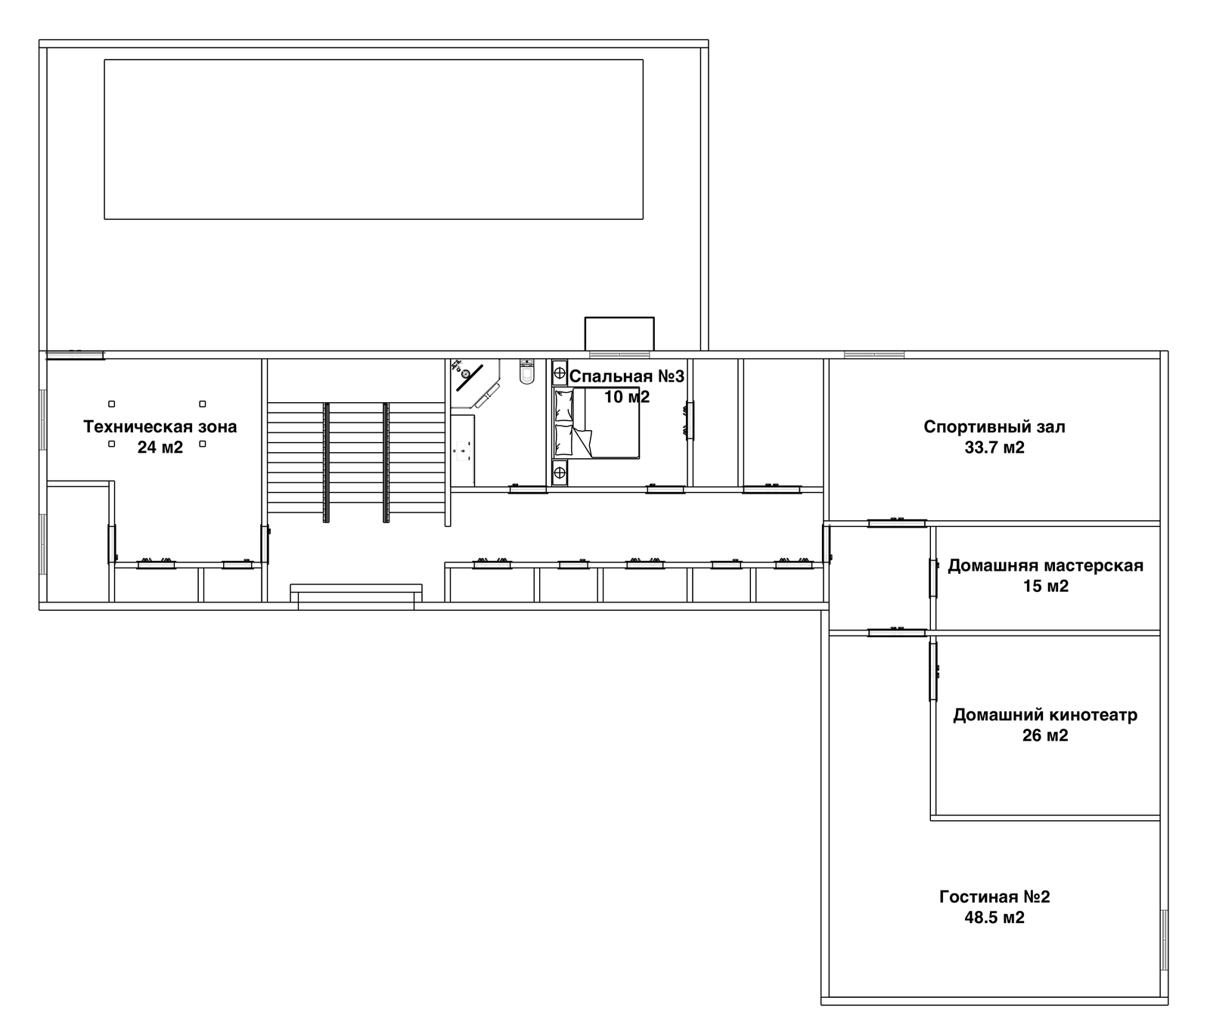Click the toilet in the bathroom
click(526, 371)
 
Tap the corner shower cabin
click(474, 382)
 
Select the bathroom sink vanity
click(463, 450)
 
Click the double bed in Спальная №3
click(597, 423)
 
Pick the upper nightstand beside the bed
click(560, 372)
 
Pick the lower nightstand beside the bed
click(560, 473)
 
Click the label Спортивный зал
click(994, 427)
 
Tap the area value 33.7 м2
click(994, 447)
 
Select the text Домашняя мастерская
click(1045, 565)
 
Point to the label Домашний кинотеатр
click(1045, 715)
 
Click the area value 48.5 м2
click(994, 918)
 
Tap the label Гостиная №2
click(994, 897)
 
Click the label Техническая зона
click(160, 427)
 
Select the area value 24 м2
click(160, 447)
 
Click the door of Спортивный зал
click(897, 522)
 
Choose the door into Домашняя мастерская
click(933, 578)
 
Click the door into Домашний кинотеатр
click(933, 671)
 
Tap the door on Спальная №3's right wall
click(690, 420)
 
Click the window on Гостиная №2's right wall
click(1165, 940)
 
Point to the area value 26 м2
click(1045, 735)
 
